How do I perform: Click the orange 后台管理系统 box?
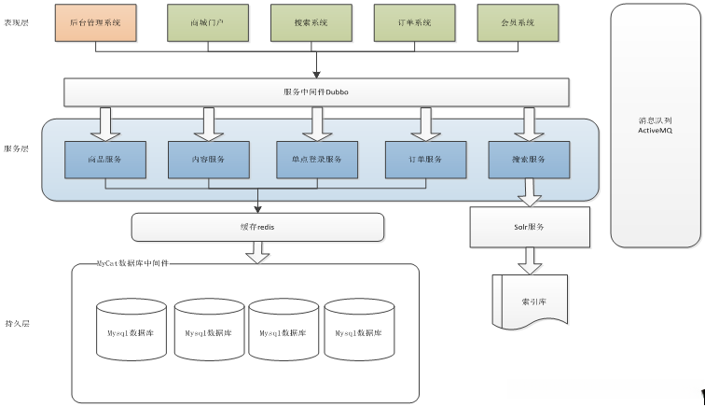(x=96, y=23)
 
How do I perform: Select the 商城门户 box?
(x=208, y=23)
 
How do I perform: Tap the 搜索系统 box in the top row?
(x=311, y=23)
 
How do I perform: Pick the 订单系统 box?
(x=415, y=23)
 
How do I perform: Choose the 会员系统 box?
(x=518, y=23)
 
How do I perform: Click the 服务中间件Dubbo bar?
(x=316, y=92)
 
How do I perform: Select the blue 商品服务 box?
(x=105, y=160)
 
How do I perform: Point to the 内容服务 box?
(x=209, y=160)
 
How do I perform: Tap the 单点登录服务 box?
(x=317, y=160)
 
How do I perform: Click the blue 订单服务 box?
(x=426, y=160)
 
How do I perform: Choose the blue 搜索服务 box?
(x=529, y=160)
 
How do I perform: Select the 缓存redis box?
(x=257, y=227)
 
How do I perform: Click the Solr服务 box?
(x=530, y=227)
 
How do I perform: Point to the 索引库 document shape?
(x=530, y=301)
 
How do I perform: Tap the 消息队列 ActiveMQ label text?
(x=655, y=125)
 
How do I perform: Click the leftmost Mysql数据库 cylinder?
(x=131, y=330)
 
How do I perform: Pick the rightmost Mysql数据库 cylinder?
(x=359, y=330)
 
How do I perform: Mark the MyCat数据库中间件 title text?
(x=132, y=263)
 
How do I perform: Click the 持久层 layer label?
(x=17, y=323)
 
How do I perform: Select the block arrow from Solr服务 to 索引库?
(x=530, y=260)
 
